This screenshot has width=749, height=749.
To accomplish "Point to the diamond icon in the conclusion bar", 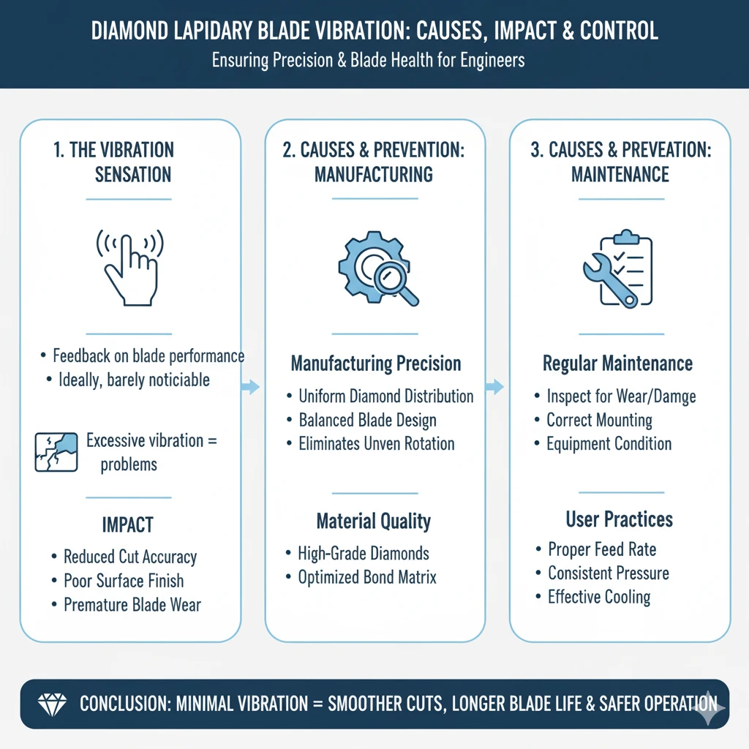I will pos(50,704).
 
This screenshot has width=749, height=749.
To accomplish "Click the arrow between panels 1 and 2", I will pos(251,387).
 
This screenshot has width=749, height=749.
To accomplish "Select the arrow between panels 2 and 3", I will pos(495,387).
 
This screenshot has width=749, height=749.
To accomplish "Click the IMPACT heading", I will pos(128,525).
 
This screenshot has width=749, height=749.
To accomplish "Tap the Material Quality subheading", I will pos(373,522).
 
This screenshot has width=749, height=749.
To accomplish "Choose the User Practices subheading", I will pos(619,519).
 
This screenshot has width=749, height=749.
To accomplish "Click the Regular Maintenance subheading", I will pos(617,364).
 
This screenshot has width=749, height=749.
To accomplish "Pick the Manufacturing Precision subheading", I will pos(375,364).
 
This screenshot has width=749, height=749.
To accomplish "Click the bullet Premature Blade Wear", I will pos(132,605).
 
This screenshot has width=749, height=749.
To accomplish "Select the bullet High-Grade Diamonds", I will pos(364,553).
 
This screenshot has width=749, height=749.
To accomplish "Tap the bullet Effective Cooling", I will pos(599,597).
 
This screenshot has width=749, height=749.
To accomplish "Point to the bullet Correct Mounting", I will pos(599,420).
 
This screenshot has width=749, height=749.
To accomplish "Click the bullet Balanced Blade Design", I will pos(367,420).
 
